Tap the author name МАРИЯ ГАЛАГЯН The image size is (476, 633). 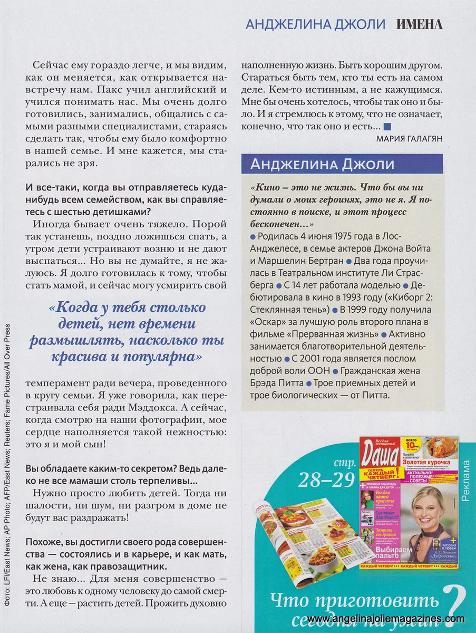pos(410,139)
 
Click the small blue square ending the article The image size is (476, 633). pos(387,127)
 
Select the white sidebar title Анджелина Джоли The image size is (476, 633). pos(322,164)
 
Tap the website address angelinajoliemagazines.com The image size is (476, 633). pos(386,619)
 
